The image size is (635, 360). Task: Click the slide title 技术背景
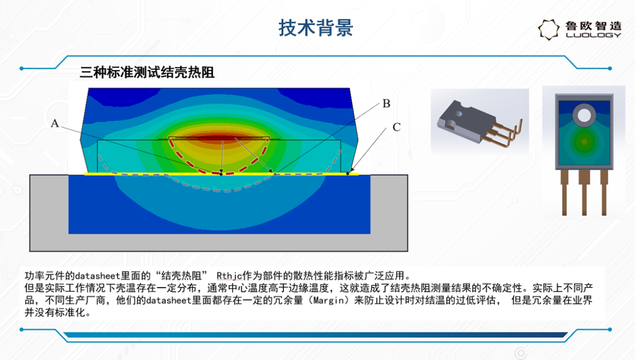(316, 28)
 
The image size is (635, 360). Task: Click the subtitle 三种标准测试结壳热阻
(147, 72)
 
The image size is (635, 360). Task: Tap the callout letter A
(55, 124)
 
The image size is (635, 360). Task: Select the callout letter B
(386, 104)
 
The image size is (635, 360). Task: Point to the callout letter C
(396, 127)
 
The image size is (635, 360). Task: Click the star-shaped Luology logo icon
(549, 29)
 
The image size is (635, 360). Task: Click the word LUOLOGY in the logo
(593, 35)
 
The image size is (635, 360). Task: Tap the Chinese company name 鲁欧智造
(593, 25)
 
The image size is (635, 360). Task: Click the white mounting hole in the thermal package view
(584, 115)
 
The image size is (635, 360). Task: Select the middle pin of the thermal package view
(584, 192)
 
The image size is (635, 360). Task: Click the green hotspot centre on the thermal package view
(584, 142)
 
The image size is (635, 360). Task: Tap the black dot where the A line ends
(221, 174)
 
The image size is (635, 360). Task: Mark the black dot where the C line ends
(348, 174)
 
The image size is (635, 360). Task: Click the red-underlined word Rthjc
(229, 276)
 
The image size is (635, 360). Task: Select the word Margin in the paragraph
(329, 301)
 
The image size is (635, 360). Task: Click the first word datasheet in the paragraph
(98, 276)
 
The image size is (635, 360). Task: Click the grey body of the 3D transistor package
(466, 118)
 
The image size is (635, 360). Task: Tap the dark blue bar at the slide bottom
(316, 335)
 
